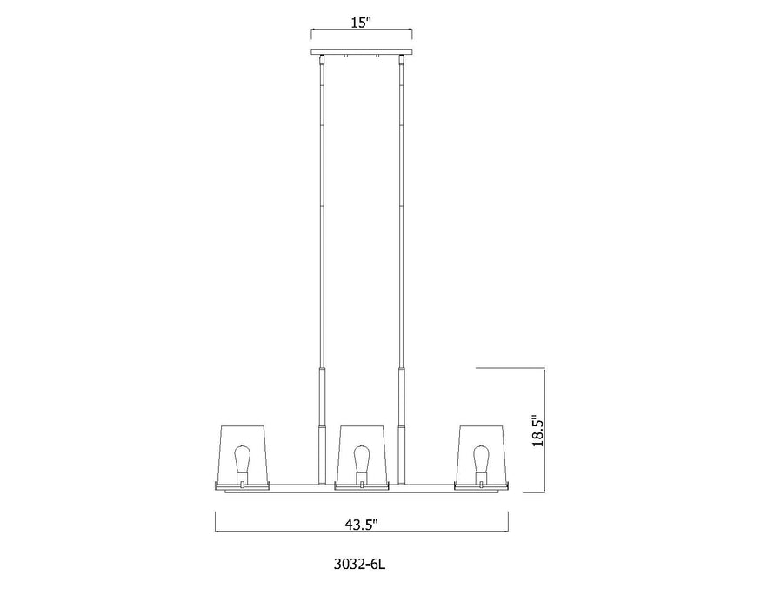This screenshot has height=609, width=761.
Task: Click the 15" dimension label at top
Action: [362, 23]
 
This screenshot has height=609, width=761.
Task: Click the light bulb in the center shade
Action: [362, 460]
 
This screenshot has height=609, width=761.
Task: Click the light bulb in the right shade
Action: [479, 460]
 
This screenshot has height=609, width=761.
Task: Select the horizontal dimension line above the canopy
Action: [330, 32]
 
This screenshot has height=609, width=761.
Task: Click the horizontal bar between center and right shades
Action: [422, 485]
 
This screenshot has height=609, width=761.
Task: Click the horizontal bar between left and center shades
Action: [303, 485]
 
